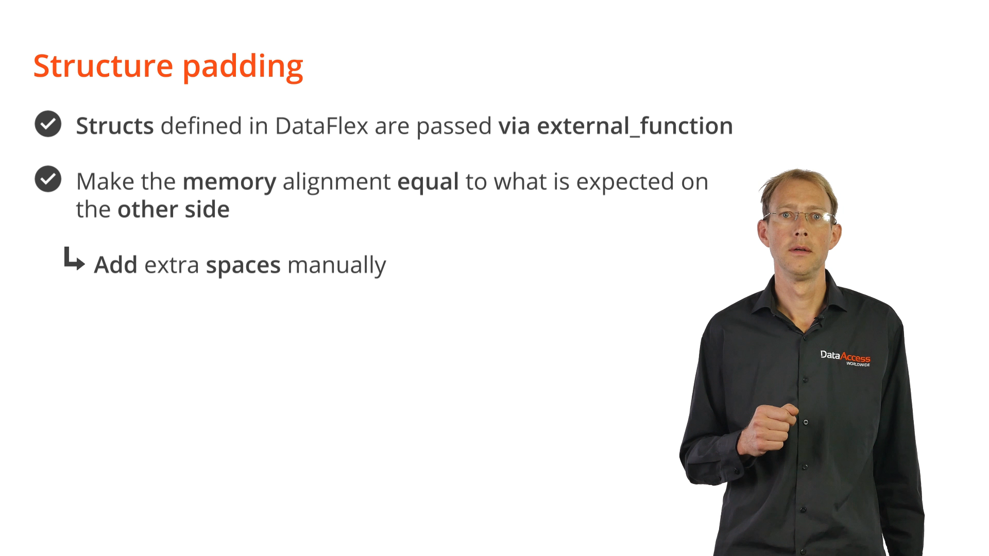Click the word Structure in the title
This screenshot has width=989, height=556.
[103, 66]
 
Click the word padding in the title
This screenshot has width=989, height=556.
[243, 67]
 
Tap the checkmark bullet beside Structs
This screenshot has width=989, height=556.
[48, 124]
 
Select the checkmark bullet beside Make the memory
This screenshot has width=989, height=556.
[48, 179]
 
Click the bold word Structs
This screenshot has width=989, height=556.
[115, 126]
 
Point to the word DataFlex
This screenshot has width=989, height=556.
[321, 126]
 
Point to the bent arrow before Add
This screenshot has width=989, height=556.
[74, 259]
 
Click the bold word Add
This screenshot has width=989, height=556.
[115, 265]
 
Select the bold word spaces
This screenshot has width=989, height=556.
[243, 266]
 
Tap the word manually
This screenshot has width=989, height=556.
[336, 266]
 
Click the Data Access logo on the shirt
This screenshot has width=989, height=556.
[845, 358]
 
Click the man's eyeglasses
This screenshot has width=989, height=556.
[799, 217]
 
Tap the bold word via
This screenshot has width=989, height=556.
[514, 126]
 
